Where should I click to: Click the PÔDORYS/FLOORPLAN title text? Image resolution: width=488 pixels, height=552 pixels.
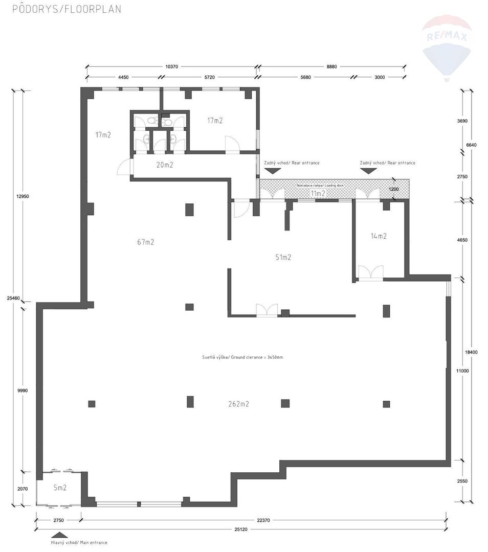[x=66, y=9]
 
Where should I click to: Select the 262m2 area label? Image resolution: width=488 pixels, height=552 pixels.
[x=238, y=404]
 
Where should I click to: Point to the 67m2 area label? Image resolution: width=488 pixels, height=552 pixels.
[x=146, y=242]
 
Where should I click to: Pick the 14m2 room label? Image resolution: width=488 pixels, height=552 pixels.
[x=378, y=236]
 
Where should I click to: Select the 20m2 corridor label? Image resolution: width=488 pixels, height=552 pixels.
[x=165, y=165]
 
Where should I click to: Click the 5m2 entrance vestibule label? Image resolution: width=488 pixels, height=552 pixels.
[x=60, y=487]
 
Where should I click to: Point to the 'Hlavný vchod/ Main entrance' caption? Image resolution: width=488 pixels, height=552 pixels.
[x=79, y=542]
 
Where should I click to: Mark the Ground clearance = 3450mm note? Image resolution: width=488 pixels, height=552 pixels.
[x=242, y=357]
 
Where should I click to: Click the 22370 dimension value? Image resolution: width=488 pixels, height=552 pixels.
[x=263, y=520]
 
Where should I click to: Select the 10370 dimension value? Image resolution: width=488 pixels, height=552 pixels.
[x=172, y=66]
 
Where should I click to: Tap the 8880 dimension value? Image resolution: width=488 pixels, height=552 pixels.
[x=332, y=66]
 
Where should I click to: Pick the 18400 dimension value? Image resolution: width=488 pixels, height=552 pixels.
[x=472, y=352]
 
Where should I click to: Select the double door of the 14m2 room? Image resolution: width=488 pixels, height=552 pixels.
[x=370, y=273]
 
